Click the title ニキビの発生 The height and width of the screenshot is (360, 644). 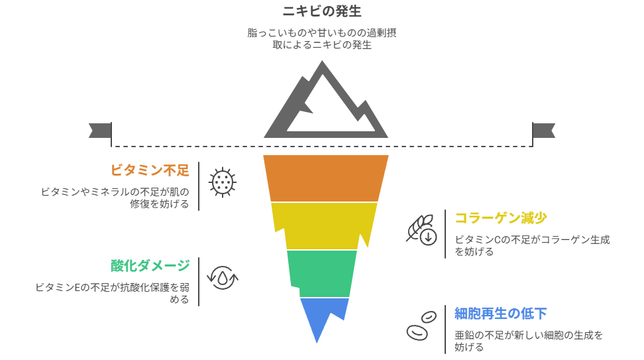tap(322, 11)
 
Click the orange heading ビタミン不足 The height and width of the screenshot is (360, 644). tap(150, 170)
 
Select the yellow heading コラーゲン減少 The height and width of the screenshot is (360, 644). tap(500, 218)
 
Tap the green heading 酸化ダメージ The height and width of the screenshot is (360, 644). tap(150, 266)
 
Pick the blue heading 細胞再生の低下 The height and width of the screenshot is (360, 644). tap(500, 313)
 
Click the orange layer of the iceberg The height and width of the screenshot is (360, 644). tap(325, 178)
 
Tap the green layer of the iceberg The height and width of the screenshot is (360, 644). tap(322, 272)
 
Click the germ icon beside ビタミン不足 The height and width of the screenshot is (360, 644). tap(223, 182)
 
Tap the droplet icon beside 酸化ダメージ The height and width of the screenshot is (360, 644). tap(223, 277)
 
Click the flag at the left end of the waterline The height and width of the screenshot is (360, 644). tap(99, 131)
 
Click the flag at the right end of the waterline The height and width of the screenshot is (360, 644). tap(545, 131)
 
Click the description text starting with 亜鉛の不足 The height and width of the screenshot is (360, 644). tap(528, 341)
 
